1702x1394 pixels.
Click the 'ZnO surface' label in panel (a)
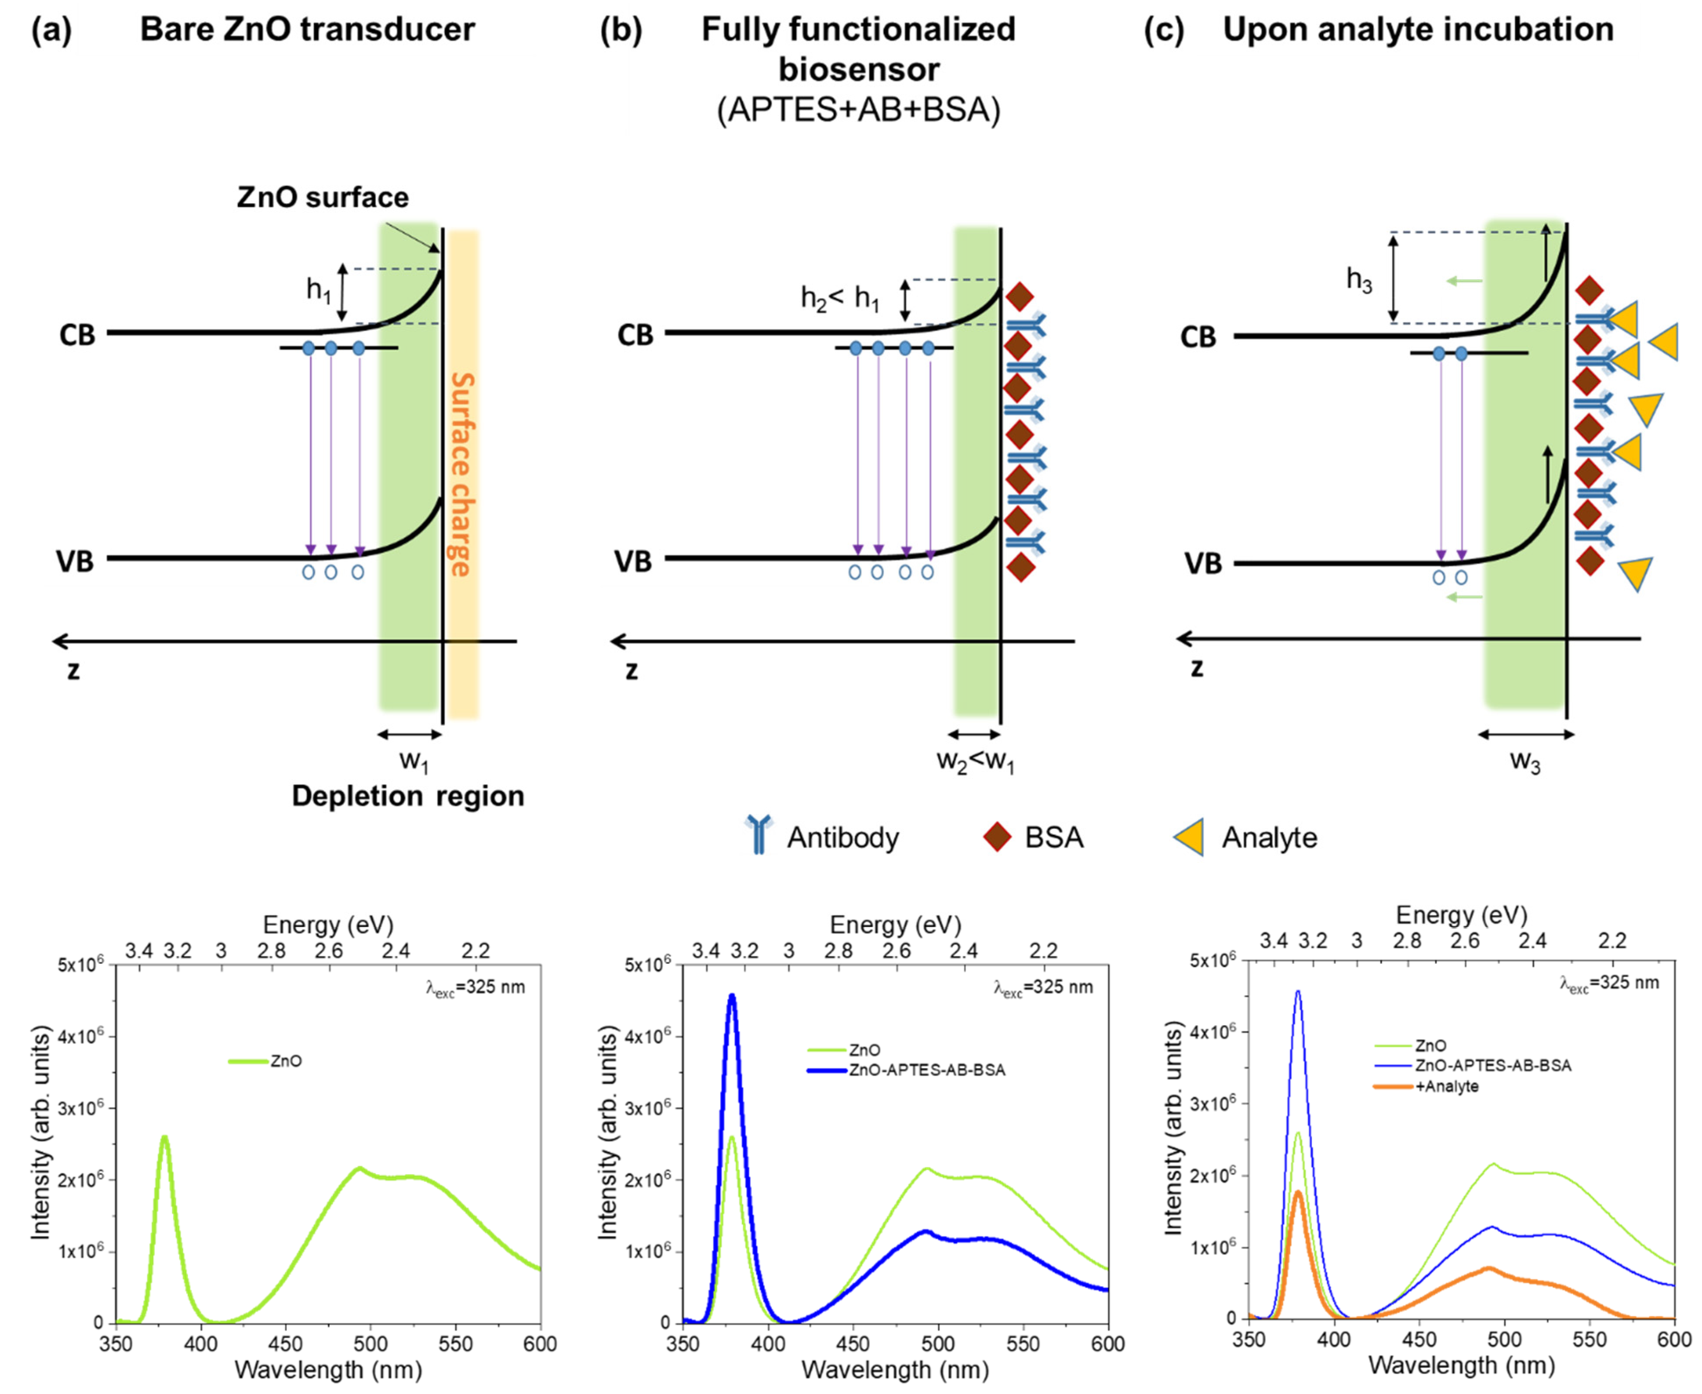tap(323, 198)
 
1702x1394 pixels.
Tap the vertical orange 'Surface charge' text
tap(461, 474)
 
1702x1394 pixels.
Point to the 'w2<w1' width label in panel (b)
tap(975, 761)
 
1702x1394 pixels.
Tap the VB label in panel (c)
tap(1203, 564)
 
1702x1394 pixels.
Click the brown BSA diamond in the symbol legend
tap(997, 838)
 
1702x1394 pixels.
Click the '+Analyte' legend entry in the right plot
tap(1445, 1086)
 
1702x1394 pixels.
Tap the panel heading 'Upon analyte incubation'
tap(1418, 30)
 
